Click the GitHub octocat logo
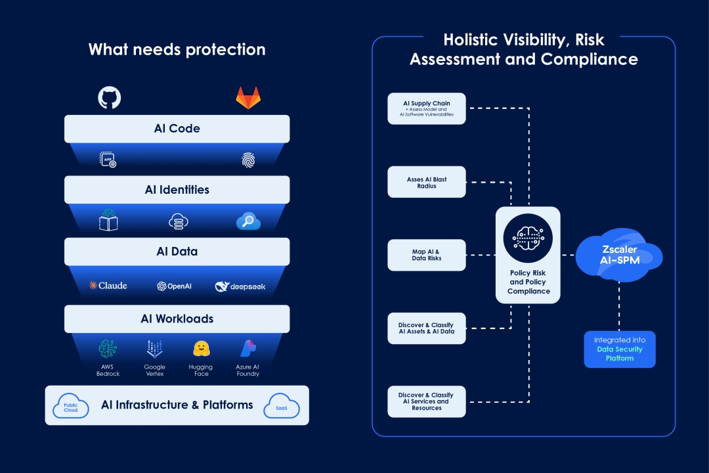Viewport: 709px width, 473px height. (x=110, y=98)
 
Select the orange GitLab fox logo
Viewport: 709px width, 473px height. (x=247, y=98)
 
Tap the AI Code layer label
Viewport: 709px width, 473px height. (x=177, y=129)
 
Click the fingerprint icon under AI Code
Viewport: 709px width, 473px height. (x=247, y=160)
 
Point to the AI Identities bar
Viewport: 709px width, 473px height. (x=177, y=190)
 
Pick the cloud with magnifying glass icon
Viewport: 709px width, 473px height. (x=248, y=221)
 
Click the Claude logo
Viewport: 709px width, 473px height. (x=108, y=286)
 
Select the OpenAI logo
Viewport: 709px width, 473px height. (x=174, y=286)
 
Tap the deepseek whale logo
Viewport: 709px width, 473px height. (x=240, y=286)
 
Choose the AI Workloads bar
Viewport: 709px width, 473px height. (x=177, y=319)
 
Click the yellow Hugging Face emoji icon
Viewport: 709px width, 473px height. (x=202, y=349)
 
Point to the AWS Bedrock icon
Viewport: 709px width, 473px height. (x=108, y=349)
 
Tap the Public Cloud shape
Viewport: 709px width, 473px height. (x=71, y=406)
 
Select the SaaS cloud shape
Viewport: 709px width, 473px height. (x=282, y=407)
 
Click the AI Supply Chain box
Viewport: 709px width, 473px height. (x=427, y=108)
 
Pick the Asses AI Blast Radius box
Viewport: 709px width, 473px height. (x=427, y=182)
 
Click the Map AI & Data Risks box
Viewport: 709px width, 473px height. (x=427, y=255)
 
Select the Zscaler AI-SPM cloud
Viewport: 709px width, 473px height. (x=617, y=255)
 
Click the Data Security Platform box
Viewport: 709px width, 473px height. (x=620, y=349)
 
